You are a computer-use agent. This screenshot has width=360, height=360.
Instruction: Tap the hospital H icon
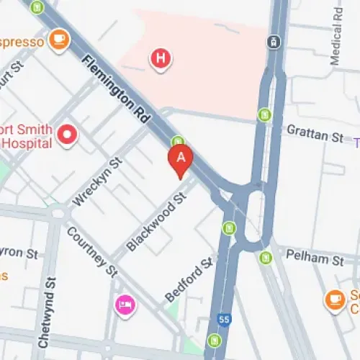(161, 59)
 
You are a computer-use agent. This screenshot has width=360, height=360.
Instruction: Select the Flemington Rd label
(115, 87)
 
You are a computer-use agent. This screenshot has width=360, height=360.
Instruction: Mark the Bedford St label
(189, 279)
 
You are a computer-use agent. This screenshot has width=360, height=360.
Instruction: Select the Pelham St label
(314, 256)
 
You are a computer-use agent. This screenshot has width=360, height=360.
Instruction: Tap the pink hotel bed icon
(124, 305)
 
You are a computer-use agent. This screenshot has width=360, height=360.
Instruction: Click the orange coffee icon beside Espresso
(59, 40)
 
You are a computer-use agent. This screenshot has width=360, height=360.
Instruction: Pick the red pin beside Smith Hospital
(68, 135)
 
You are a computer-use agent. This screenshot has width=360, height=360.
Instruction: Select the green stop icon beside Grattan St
(264, 114)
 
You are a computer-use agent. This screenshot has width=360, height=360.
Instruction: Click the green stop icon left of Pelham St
(265, 256)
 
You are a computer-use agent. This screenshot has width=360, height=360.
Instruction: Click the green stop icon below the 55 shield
(213, 340)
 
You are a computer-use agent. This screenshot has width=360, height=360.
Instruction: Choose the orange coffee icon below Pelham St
(335, 298)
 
